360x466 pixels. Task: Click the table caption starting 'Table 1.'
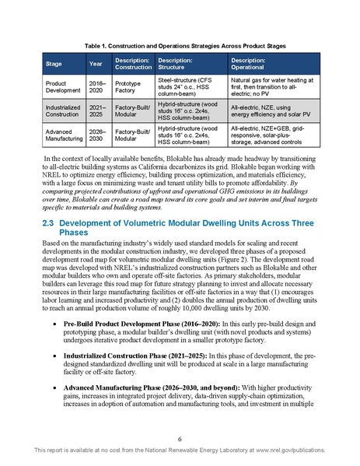[x=180, y=47]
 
